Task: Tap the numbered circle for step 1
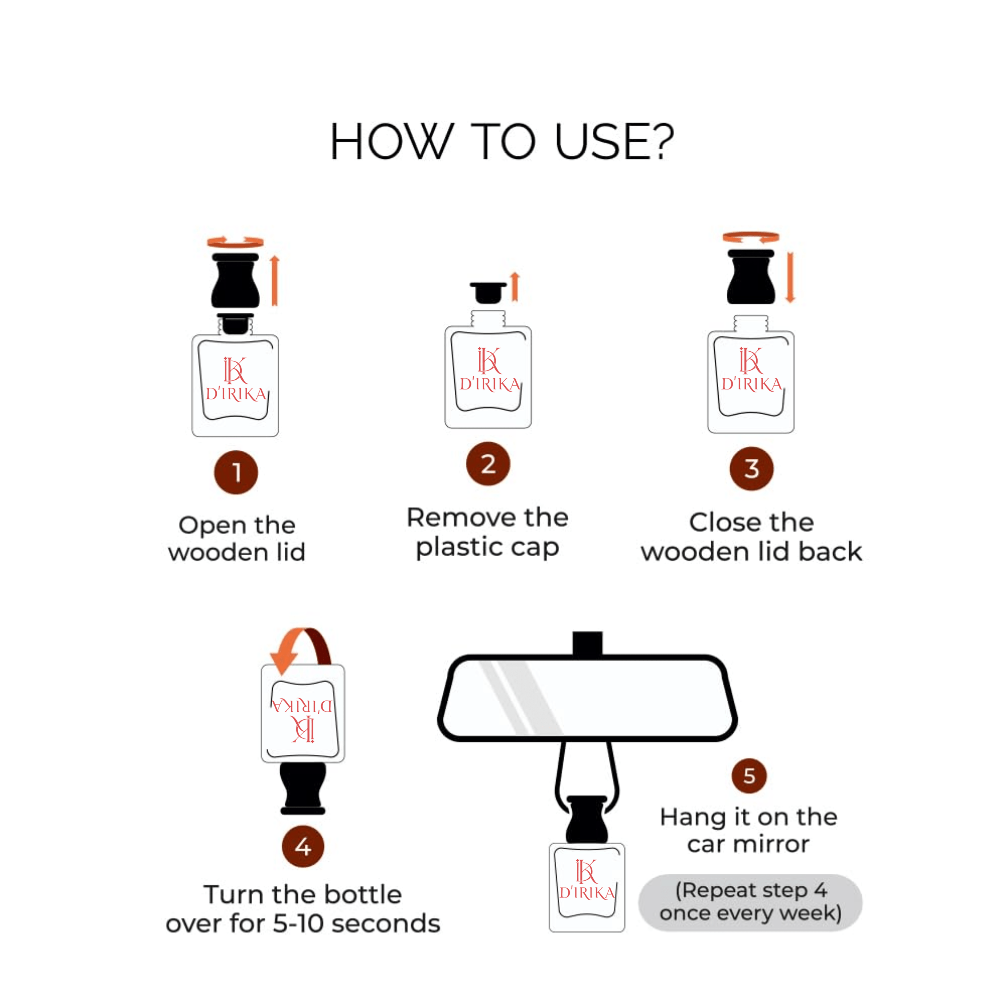(236, 472)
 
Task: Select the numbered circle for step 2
(488, 463)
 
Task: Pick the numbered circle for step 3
(751, 469)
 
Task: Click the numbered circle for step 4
(303, 846)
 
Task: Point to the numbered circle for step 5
(749, 775)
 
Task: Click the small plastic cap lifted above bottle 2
(488, 292)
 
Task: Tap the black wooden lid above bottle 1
(235, 281)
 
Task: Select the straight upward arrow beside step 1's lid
(275, 280)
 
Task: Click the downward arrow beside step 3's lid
(790, 277)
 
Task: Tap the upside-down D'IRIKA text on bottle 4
(302, 706)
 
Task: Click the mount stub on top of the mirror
(588, 644)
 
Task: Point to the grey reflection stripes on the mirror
(516, 696)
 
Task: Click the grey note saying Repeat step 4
(750, 902)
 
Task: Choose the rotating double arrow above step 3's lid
(751, 237)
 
